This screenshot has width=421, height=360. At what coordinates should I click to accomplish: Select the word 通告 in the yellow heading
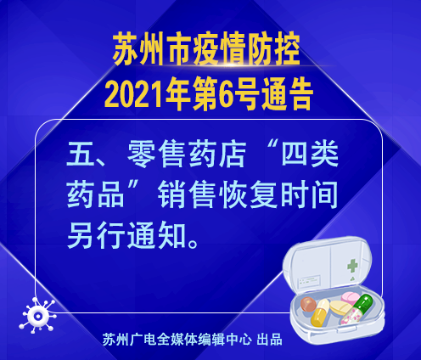click(287, 94)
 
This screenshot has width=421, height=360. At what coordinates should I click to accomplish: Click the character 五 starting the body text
click(81, 155)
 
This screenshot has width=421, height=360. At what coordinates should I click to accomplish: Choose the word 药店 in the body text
click(216, 155)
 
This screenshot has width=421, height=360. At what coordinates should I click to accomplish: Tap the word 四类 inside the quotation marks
click(310, 155)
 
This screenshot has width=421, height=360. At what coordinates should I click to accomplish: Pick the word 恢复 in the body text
click(248, 195)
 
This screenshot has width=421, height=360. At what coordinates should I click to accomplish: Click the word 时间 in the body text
click(309, 195)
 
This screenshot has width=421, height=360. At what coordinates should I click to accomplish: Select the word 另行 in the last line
click(96, 235)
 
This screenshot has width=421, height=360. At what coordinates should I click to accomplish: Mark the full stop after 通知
click(193, 243)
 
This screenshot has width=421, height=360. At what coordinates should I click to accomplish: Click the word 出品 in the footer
click(269, 340)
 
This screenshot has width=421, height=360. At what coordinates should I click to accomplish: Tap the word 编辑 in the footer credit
click(211, 340)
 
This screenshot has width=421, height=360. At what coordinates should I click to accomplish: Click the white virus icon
click(38, 315)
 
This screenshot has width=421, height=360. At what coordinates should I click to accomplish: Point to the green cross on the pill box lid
click(352, 266)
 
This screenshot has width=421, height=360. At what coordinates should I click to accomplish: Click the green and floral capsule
click(356, 310)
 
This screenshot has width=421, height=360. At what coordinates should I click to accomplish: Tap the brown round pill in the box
click(308, 304)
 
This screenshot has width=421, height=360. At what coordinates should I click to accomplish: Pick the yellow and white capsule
click(321, 313)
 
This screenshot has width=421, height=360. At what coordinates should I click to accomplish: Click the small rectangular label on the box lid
click(309, 282)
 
